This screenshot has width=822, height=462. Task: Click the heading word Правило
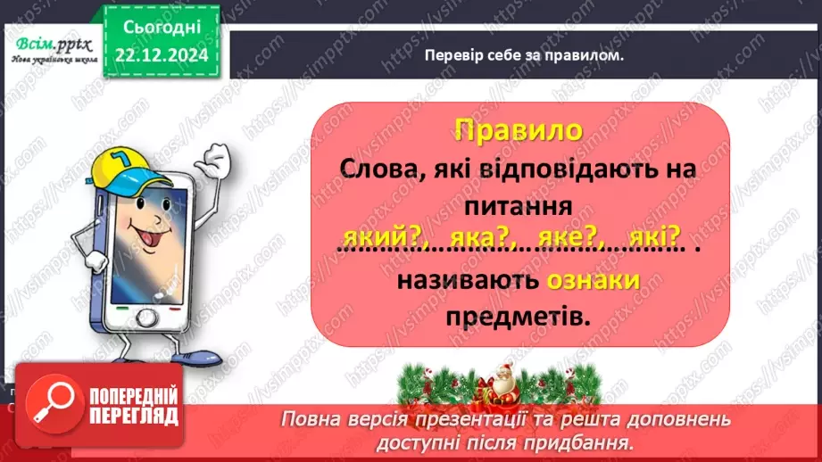coord(518,130)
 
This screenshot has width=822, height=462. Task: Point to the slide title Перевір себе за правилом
coord(524,54)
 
